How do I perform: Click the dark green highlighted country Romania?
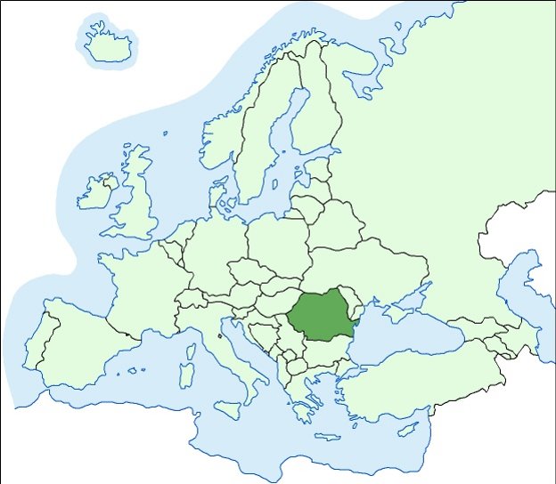click(321, 316)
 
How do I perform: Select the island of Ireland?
click(96, 192)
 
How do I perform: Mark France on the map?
click(143, 285)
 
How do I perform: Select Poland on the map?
click(276, 236)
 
